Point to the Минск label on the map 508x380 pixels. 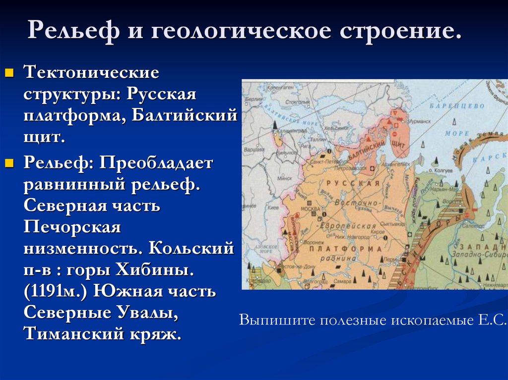[x=284, y=178]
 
